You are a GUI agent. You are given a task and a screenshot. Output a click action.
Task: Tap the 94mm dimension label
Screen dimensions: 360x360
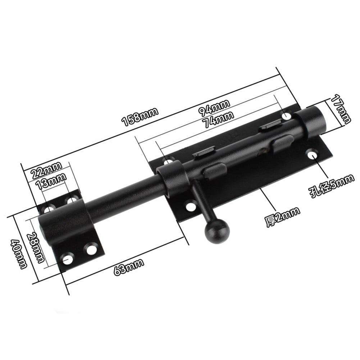point(215,108)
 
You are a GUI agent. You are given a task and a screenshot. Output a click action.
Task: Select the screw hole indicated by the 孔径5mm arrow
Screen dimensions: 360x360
point(311,155)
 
